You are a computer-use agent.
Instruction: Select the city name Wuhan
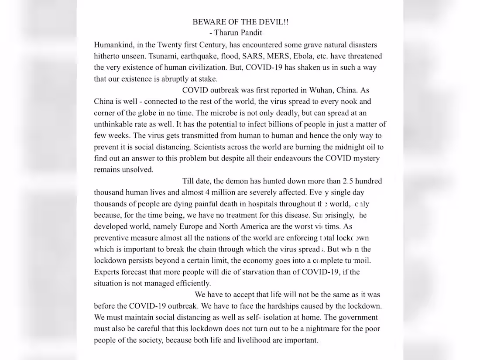pyautogui.click(x=321, y=90)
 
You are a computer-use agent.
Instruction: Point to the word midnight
pyautogui.click(x=343, y=147)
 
